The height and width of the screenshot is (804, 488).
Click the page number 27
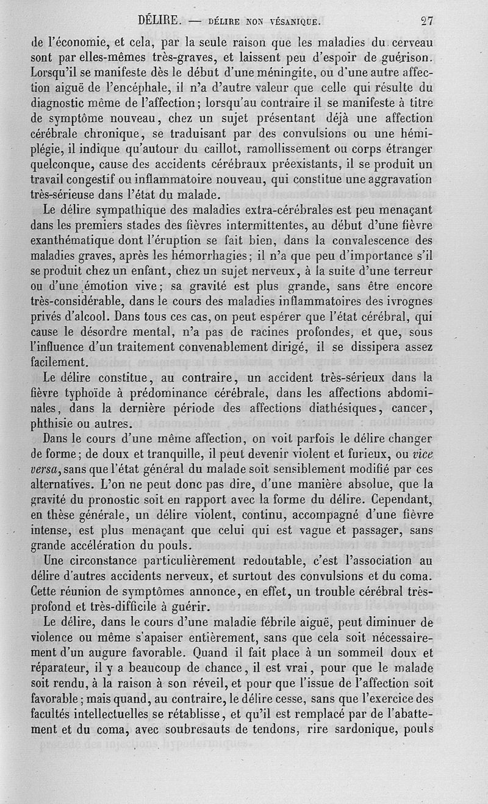pos(426,20)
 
